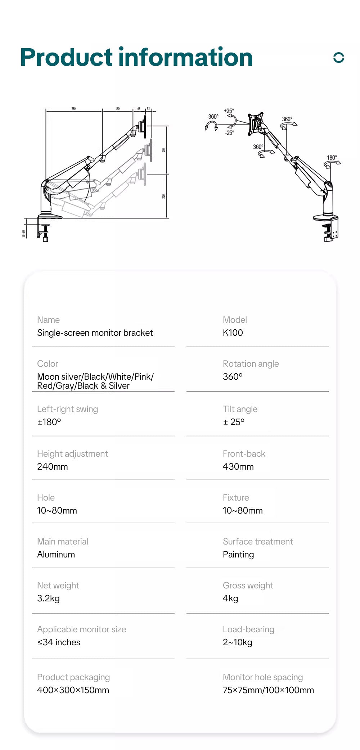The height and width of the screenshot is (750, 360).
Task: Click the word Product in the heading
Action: pyautogui.click(x=67, y=58)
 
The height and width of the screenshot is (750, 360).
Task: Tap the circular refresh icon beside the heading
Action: pyautogui.click(x=339, y=58)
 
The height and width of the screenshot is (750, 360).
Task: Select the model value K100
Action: pyautogui.click(x=233, y=333)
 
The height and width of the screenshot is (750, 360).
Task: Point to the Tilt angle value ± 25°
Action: pyautogui.click(x=233, y=422)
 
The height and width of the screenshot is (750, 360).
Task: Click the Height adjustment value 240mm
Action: pyautogui.click(x=52, y=467)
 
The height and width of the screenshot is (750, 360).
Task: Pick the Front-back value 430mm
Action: pyautogui.click(x=238, y=467)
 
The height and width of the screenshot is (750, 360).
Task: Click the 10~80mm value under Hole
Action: pyautogui.click(x=57, y=511)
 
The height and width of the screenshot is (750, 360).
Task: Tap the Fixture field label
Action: pyautogui.click(x=236, y=498)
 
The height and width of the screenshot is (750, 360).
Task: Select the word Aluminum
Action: pyautogui.click(x=56, y=555)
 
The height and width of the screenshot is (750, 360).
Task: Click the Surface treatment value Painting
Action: pyautogui.click(x=238, y=555)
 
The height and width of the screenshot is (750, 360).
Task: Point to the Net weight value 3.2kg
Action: pyautogui.click(x=48, y=598)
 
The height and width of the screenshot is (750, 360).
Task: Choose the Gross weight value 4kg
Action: pyautogui.click(x=230, y=598)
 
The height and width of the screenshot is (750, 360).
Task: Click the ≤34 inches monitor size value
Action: pyautogui.click(x=59, y=642)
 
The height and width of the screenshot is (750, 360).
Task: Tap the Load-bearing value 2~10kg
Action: pyautogui.click(x=237, y=642)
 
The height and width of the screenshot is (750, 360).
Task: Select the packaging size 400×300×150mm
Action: pyautogui.click(x=73, y=690)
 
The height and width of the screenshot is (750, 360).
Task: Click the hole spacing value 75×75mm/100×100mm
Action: pyautogui.click(x=268, y=690)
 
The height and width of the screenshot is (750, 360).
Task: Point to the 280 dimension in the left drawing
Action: pyautogui.click(x=73, y=109)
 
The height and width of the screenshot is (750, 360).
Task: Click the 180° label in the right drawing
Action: pyautogui.click(x=332, y=158)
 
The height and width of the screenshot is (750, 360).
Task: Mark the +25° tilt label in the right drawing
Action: pyautogui.click(x=229, y=111)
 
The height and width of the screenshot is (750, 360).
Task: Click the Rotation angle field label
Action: pyautogui.click(x=251, y=364)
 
